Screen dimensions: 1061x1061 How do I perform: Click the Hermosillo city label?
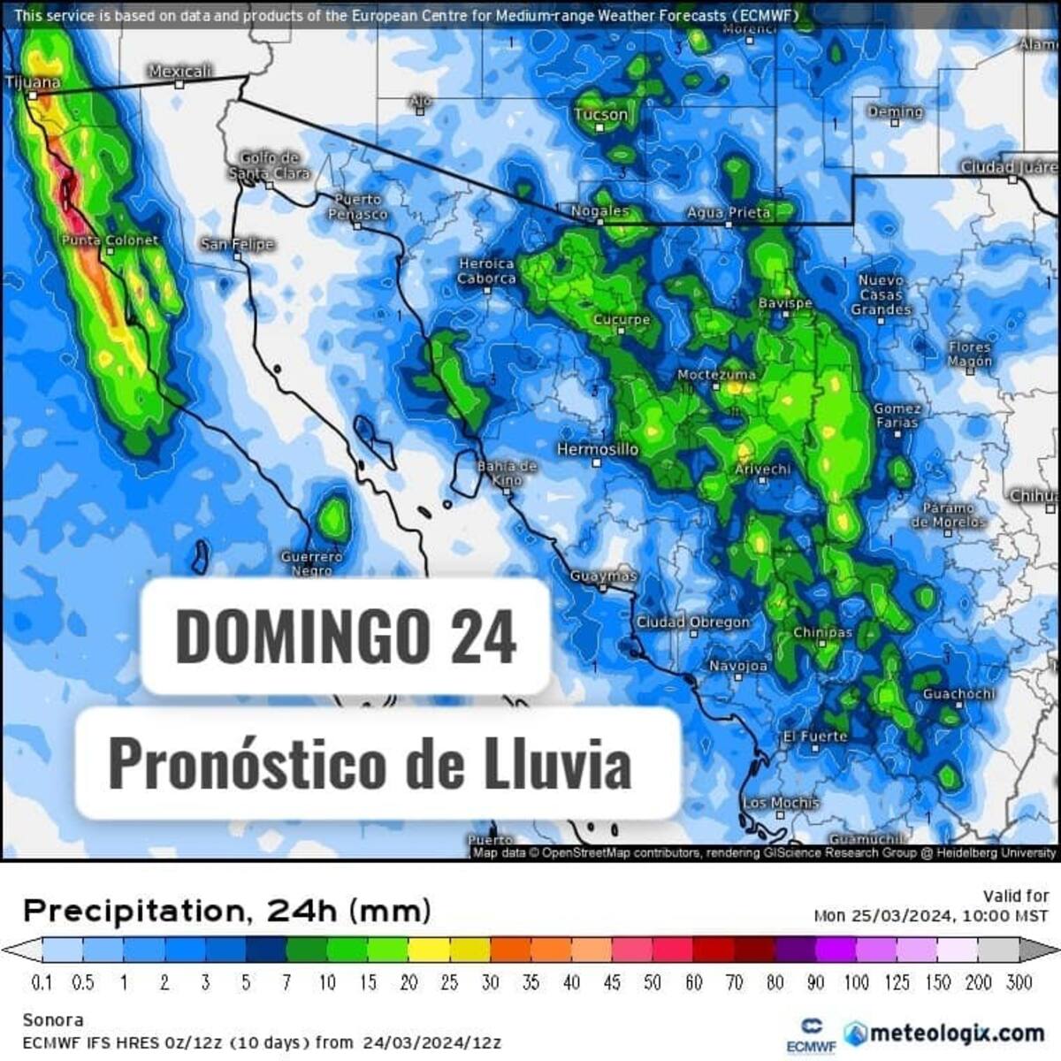click(x=598, y=449)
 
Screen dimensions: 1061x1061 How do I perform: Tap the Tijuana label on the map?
click(x=34, y=82)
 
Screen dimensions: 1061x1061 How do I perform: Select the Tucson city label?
click(x=600, y=114)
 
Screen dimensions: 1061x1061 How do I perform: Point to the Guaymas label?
click(x=603, y=576)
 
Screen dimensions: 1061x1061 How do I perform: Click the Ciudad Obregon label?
click(x=693, y=622)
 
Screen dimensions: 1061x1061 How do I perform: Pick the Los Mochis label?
click(x=781, y=803)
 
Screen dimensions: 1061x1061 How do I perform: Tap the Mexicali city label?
click(x=180, y=71)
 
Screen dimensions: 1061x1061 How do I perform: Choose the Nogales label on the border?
click(x=599, y=211)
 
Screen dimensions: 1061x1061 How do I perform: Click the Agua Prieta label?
click(x=729, y=212)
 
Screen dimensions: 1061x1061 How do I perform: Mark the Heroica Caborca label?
click(x=486, y=271)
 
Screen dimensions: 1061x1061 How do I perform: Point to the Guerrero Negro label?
click(x=311, y=563)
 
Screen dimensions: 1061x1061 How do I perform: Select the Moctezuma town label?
click(x=717, y=375)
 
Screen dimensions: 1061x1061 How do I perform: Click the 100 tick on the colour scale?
click(x=856, y=982)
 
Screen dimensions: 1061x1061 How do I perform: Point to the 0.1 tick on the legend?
click(x=42, y=982)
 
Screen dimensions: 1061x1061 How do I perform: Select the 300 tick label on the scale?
click(x=1019, y=982)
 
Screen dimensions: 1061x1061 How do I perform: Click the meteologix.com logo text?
click(x=944, y=1033)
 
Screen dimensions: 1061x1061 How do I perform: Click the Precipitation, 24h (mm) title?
click(x=227, y=910)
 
